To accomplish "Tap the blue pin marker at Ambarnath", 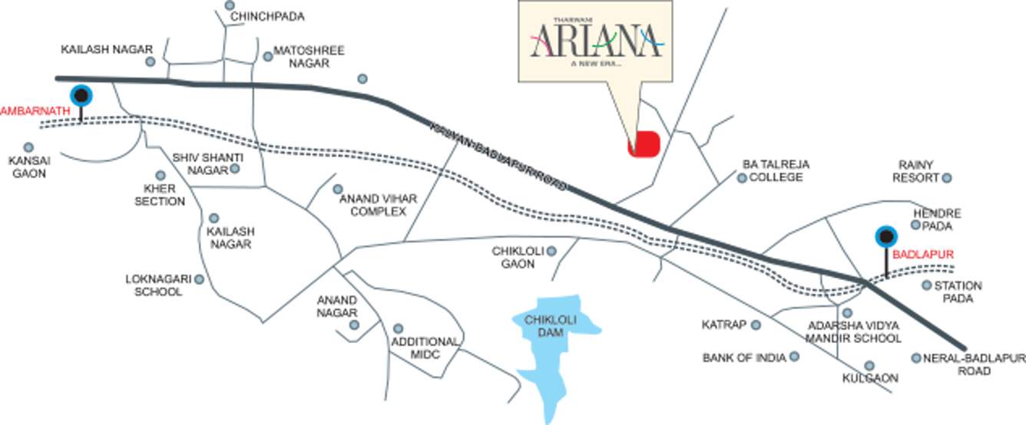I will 81,96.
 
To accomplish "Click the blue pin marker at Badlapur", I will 887,236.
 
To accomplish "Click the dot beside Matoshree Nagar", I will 267,56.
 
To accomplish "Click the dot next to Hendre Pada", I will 915,225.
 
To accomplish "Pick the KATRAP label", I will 724,325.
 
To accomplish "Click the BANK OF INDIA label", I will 744,357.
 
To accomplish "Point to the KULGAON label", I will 869,378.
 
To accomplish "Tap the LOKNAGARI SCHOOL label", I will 158,285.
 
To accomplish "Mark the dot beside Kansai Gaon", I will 28,147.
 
